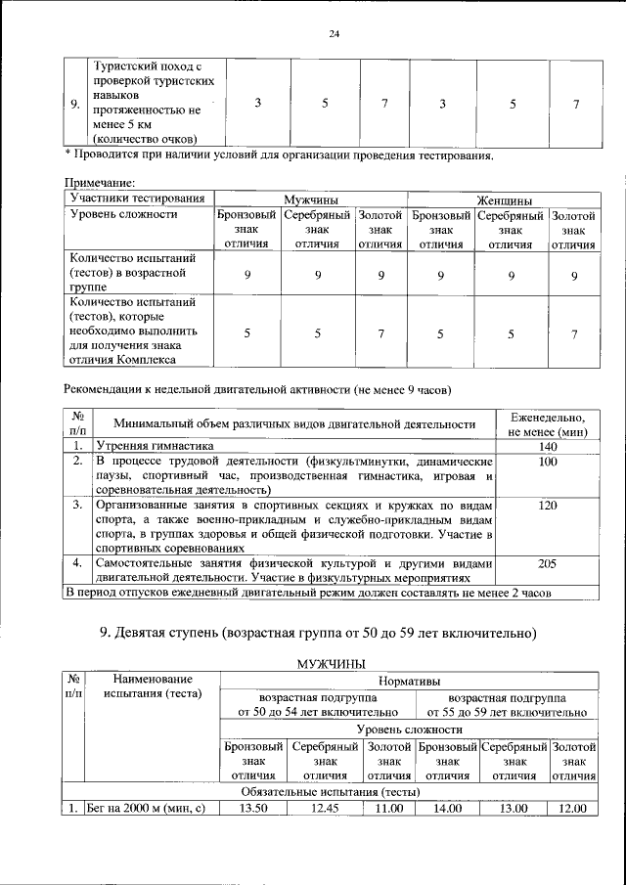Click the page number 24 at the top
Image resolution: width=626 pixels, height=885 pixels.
[334, 34]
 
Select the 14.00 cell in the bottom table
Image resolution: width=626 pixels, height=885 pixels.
[447, 808]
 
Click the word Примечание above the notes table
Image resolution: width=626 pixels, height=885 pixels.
[99, 182]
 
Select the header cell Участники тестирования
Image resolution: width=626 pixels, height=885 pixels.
[138, 198]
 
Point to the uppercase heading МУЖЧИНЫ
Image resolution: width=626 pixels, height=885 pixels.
[331, 663]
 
